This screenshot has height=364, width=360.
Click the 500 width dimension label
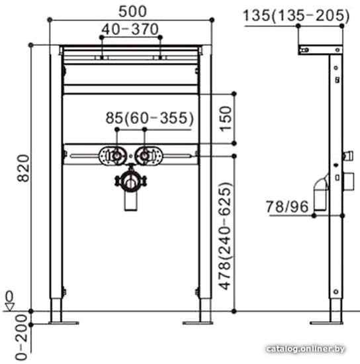click(x=132, y=11)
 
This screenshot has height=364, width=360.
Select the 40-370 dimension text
click(x=130, y=29)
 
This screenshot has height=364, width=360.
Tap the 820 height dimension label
click(x=23, y=168)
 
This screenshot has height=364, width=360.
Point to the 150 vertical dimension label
click(x=226, y=119)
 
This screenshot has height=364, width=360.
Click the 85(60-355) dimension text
click(x=150, y=118)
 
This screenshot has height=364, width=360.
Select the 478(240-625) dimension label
click(x=226, y=236)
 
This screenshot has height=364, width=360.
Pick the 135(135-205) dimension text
click(x=296, y=16)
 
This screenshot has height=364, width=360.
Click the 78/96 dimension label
click(x=287, y=206)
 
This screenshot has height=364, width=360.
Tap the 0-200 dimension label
click(x=22, y=338)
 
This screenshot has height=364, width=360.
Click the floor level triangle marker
click(x=10, y=306)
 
